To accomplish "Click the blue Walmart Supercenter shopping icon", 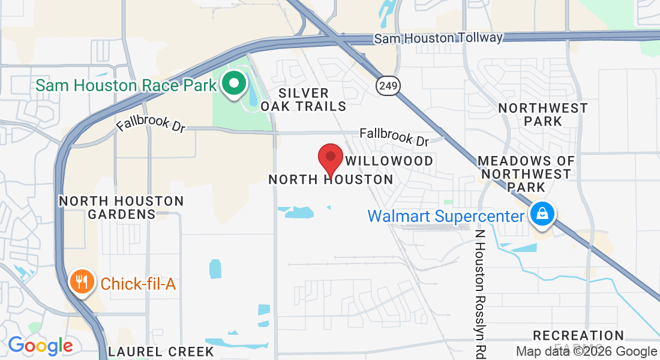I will pos(542,214).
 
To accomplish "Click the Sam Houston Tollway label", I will pos(438,38).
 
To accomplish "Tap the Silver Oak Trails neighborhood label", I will pos(304,100).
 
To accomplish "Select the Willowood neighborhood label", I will pos(390,161).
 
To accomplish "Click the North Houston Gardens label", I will pos(121,207).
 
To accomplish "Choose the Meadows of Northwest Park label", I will pos(526,174).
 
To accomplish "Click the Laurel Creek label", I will pos(161,351).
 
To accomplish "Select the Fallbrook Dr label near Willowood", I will pos(394,137).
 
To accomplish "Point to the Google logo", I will pos(40,346).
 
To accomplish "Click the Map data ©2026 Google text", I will pos(586,352).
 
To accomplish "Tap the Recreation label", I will pos(578,335).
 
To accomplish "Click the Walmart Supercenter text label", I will pos(446,215).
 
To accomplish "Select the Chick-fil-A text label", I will pos(138,284).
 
